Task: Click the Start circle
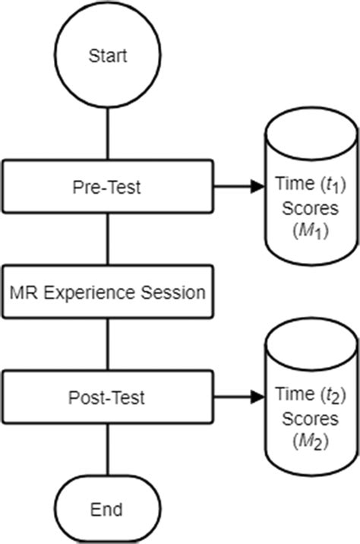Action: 109,55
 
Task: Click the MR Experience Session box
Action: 109,291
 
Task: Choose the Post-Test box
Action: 109,397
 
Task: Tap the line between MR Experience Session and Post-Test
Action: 109,343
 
